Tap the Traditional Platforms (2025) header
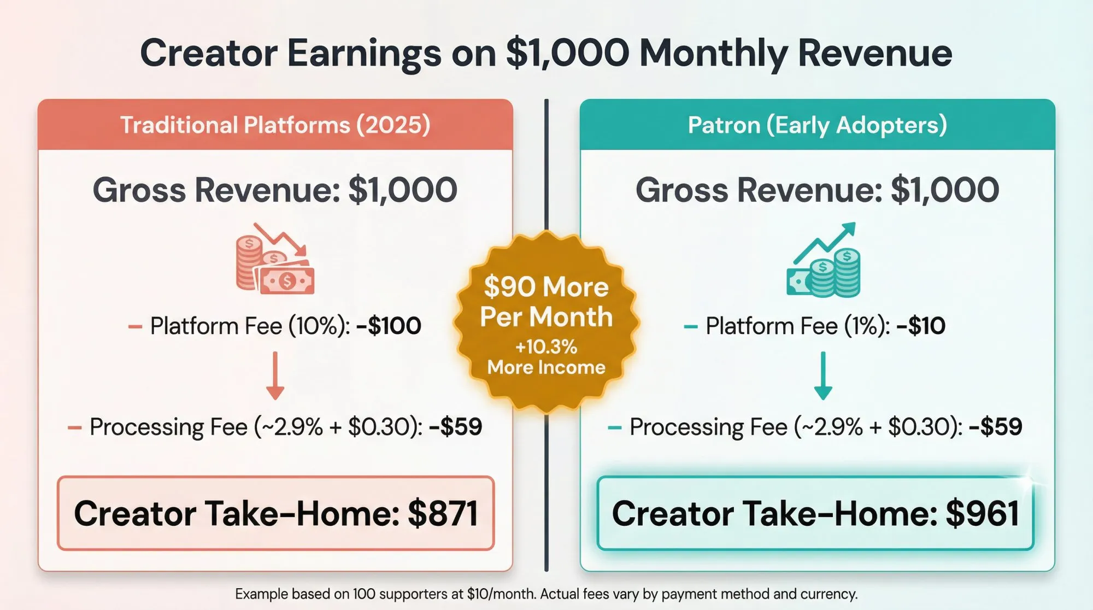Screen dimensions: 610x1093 click(275, 125)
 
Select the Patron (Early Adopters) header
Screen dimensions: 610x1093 click(817, 125)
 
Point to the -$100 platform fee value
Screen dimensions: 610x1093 click(389, 326)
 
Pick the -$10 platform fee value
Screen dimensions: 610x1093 click(921, 326)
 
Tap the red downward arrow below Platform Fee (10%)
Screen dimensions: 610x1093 click(275, 376)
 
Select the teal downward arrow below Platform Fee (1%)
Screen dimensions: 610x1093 click(823, 376)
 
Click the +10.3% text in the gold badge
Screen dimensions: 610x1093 click(546, 347)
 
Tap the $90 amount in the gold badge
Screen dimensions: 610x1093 click(509, 286)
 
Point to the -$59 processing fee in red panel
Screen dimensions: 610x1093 click(455, 427)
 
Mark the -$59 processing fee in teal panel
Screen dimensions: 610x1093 click(995, 427)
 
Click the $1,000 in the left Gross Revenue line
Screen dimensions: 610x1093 click(402, 190)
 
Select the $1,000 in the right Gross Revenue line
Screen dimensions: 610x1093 click(945, 190)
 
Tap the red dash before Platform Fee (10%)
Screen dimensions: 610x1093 click(135, 327)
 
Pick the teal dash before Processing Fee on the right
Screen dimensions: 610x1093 click(614, 427)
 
